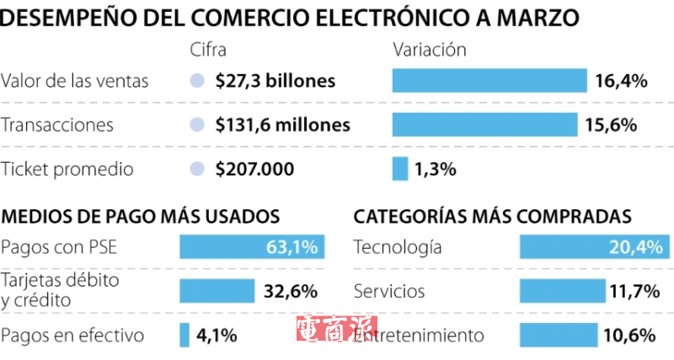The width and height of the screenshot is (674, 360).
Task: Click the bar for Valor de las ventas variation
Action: click(x=489, y=81)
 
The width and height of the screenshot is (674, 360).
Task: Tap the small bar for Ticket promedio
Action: click(x=400, y=169)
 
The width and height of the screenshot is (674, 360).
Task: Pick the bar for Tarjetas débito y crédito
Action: click(x=217, y=291)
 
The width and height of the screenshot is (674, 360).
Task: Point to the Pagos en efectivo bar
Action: click(x=185, y=335)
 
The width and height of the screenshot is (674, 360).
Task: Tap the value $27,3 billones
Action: click(x=275, y=81)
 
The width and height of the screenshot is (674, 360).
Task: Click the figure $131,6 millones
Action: click(x=282, y=125)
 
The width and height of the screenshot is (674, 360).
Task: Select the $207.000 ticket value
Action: click(x=254, y=169)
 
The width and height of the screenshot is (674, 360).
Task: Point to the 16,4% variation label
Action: click(x=621, y=81)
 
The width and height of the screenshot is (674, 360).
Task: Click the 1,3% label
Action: click(x=435, y=169)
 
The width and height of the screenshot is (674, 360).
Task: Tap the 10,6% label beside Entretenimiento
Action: click(x=629, y=335)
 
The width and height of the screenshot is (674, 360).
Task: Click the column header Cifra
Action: click(x=209, y=50)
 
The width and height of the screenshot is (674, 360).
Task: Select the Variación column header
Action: click(x=430, y=50)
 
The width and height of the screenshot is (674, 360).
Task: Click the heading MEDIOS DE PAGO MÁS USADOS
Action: click(x=140, y=216)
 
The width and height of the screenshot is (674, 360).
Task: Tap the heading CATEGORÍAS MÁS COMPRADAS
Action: click(x=493, y=216)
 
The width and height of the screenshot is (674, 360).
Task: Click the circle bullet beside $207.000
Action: click(x=197, y=169)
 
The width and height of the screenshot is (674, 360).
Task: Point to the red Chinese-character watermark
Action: click(x=336, y=330)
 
